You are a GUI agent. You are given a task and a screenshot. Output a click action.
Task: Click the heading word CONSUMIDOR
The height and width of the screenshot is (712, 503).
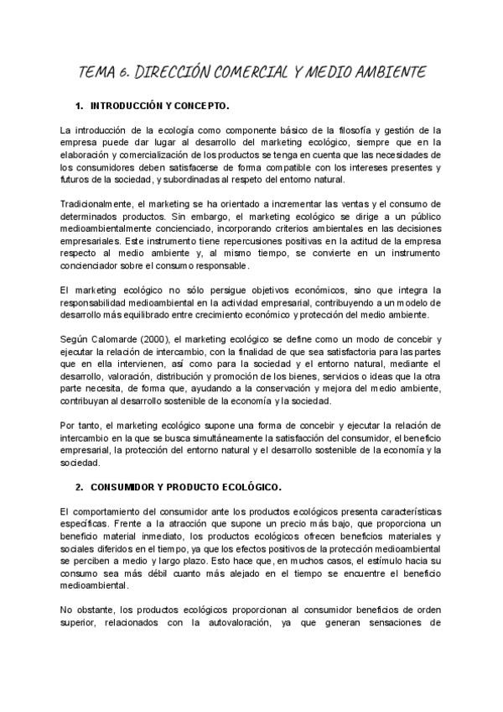pos(130,487)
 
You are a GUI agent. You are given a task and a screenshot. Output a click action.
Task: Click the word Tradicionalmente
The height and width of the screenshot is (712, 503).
pos(100,204)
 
